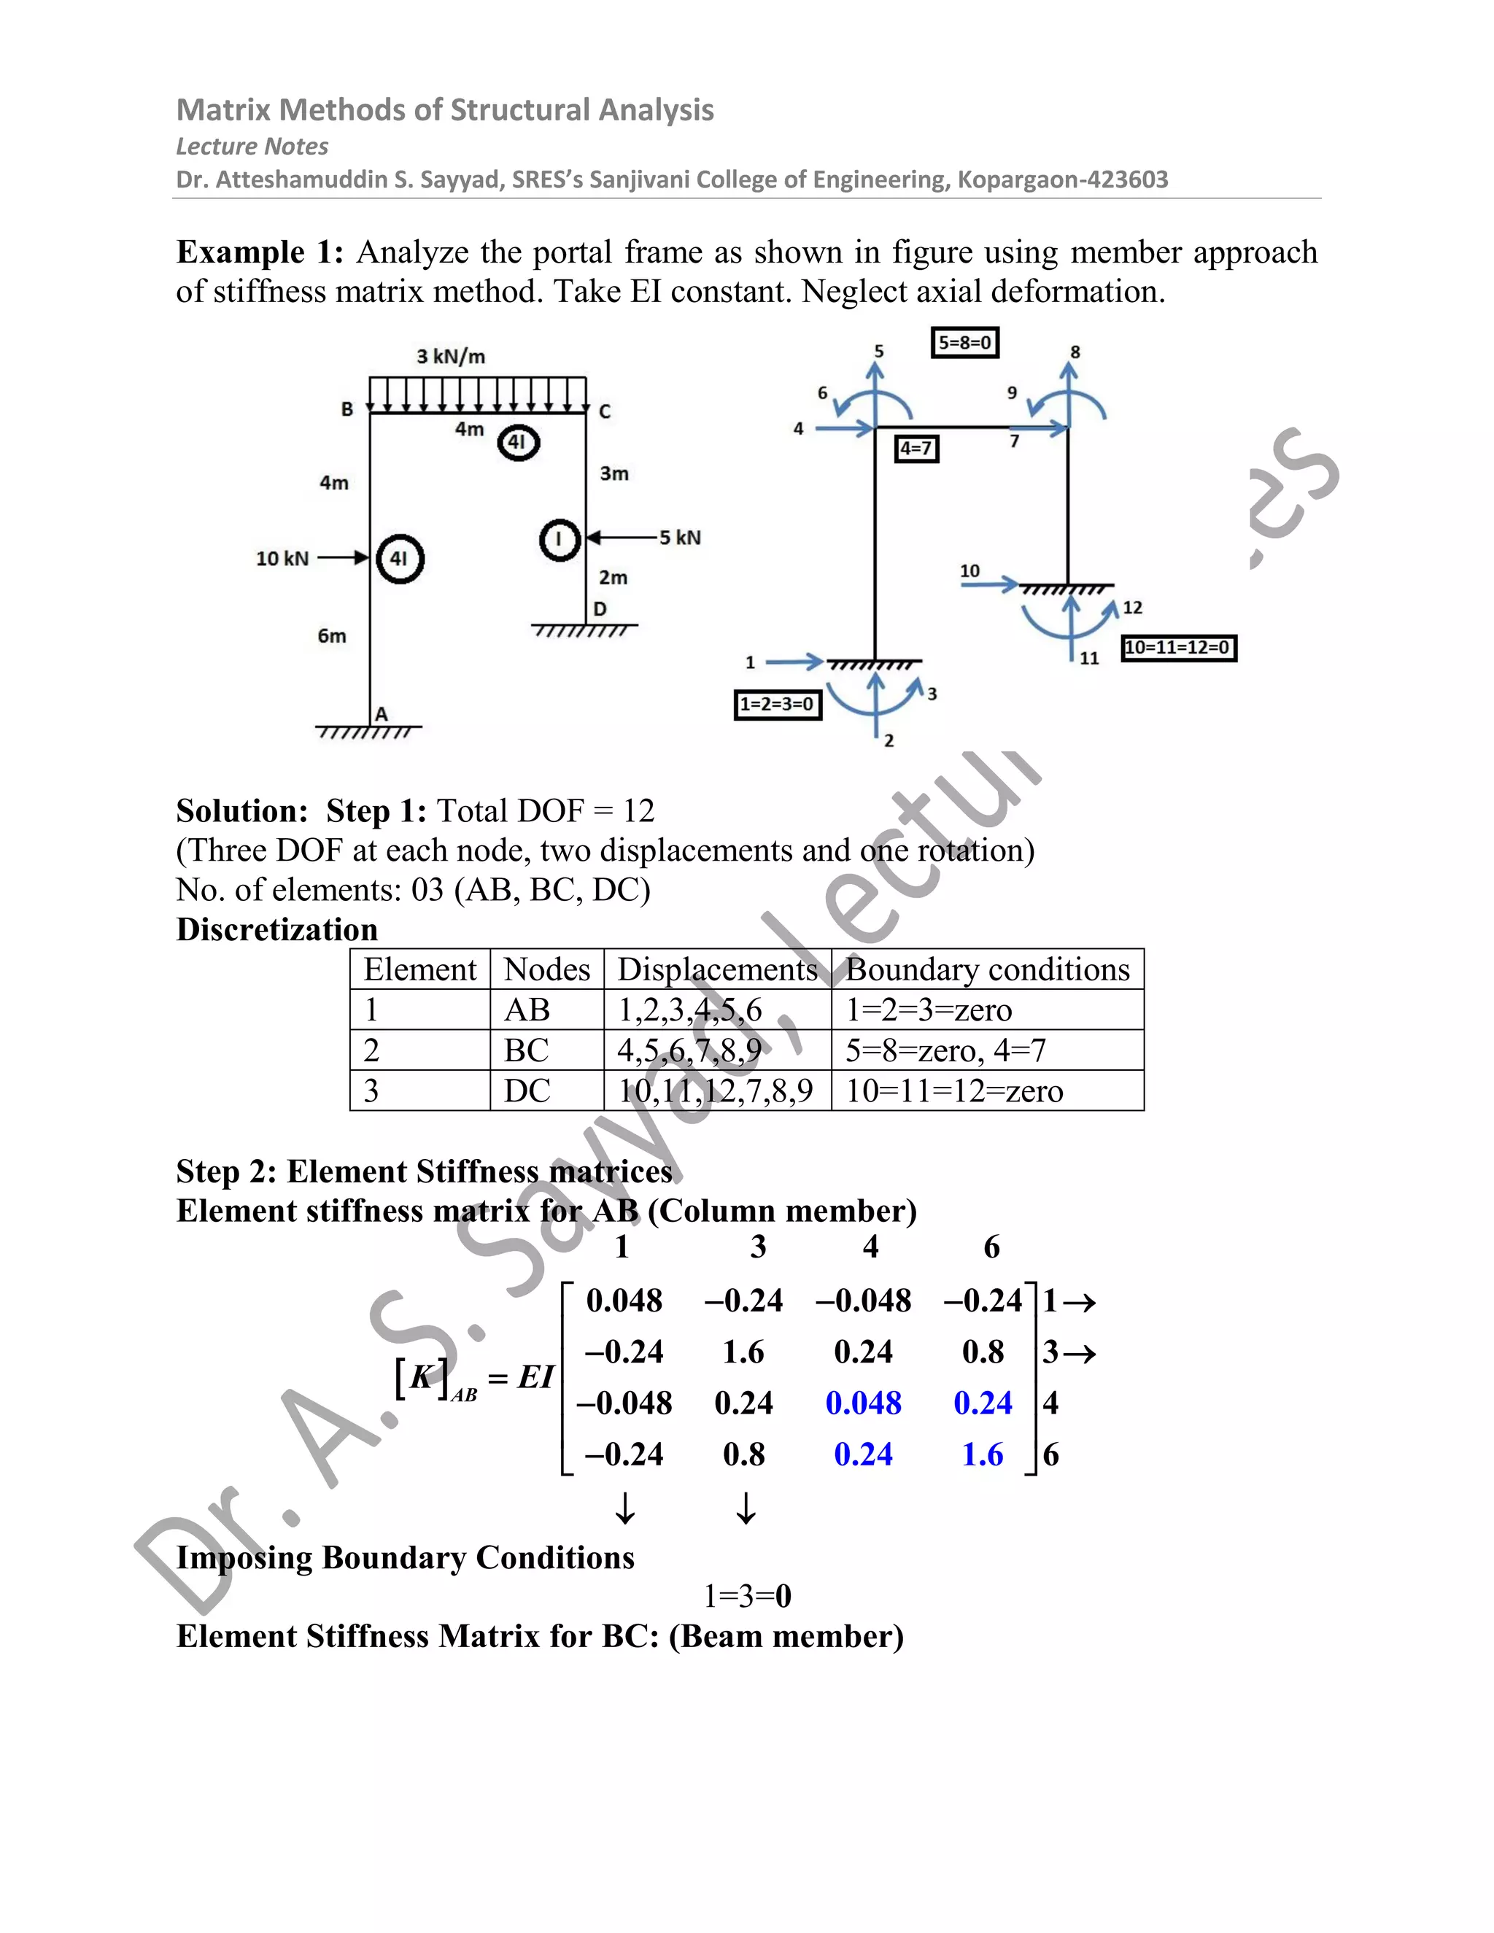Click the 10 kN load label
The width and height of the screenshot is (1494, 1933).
click(282, 559)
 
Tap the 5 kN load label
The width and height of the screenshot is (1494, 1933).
click(680, 538)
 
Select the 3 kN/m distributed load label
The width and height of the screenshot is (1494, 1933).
click(451, 357)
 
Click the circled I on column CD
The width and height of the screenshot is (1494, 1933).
click(560, 539)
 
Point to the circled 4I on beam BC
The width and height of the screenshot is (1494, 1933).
click(518, 443)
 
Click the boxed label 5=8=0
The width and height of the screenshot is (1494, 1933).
click(964, 343)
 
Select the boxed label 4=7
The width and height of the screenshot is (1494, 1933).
click(916, 449)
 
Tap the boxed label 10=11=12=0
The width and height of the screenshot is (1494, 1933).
click(1178, 648)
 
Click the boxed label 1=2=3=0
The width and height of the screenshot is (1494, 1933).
click(778, 705)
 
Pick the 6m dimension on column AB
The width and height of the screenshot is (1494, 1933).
click(332, 636)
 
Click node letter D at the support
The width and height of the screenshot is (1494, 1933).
click(600, 609)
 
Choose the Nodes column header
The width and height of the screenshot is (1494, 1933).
click(546, 969)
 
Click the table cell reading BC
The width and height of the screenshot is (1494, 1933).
click(527, 1050)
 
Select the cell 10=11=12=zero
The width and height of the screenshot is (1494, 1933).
click(954, 1091)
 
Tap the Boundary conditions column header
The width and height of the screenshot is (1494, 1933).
click(987, 969)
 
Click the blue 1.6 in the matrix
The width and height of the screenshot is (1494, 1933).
click(983, 1455)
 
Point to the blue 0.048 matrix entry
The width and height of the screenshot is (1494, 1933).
click(863, 1403)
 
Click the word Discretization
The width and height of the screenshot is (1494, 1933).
click(277, 929)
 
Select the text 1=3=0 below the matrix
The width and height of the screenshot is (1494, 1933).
click(747, 1596)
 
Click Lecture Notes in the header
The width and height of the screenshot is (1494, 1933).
click(252, 146)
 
